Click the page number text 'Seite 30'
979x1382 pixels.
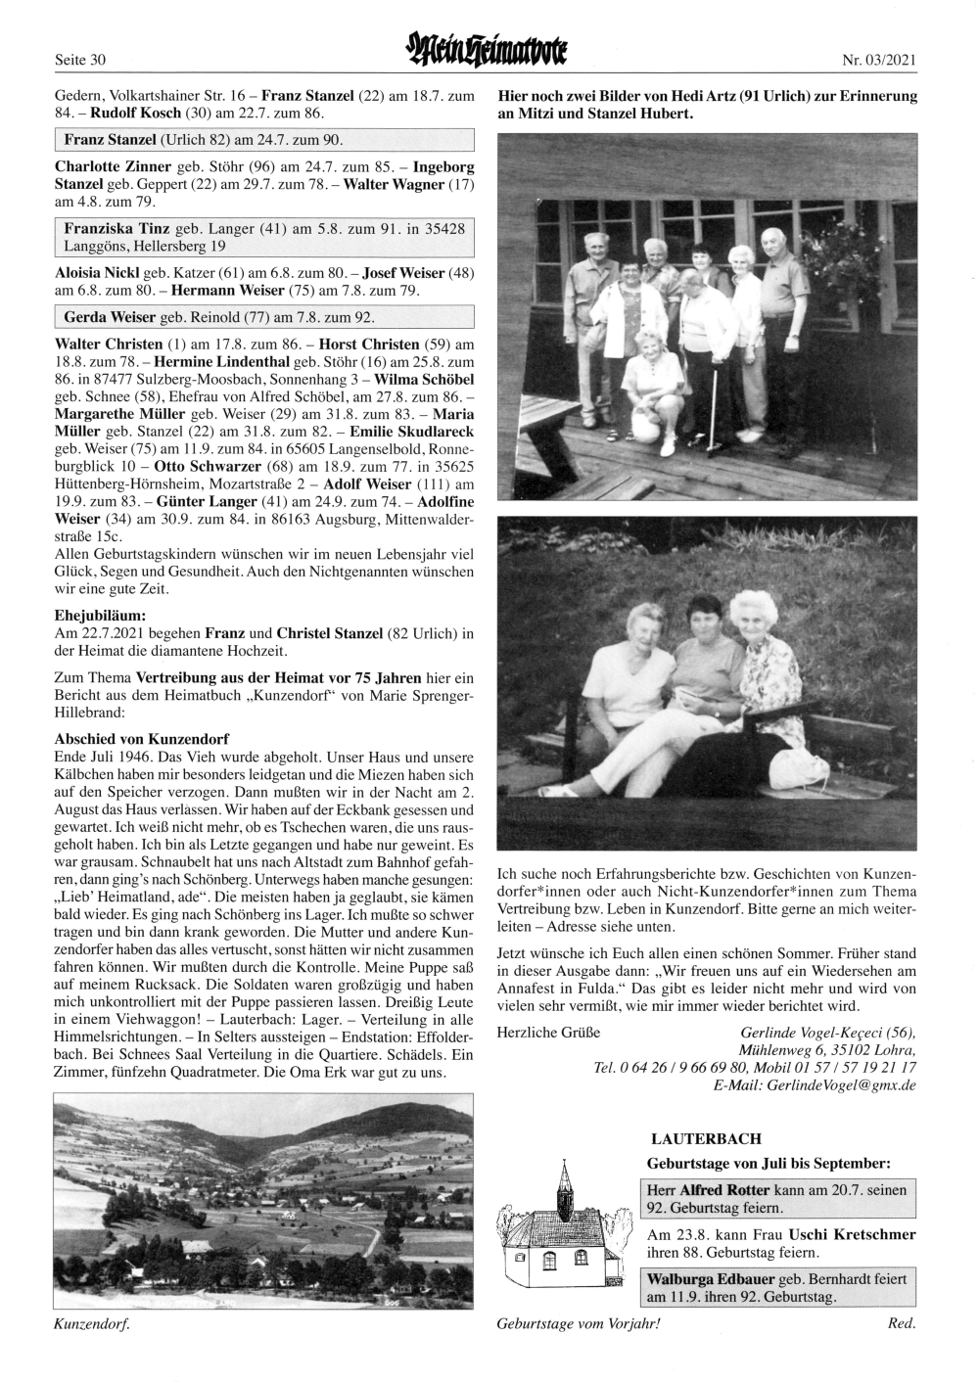tap(79, 61)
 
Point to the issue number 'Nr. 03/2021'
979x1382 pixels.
tap(878, 61)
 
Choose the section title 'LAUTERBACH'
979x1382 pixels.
tap(705, 1138)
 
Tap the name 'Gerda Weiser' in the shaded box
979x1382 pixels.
tap(106, 318)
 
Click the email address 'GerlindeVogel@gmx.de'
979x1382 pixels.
tap(841, 1085)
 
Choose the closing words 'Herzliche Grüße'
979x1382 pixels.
tap(548, 1032)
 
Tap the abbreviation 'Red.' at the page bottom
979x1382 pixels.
tap(901, 1324)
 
